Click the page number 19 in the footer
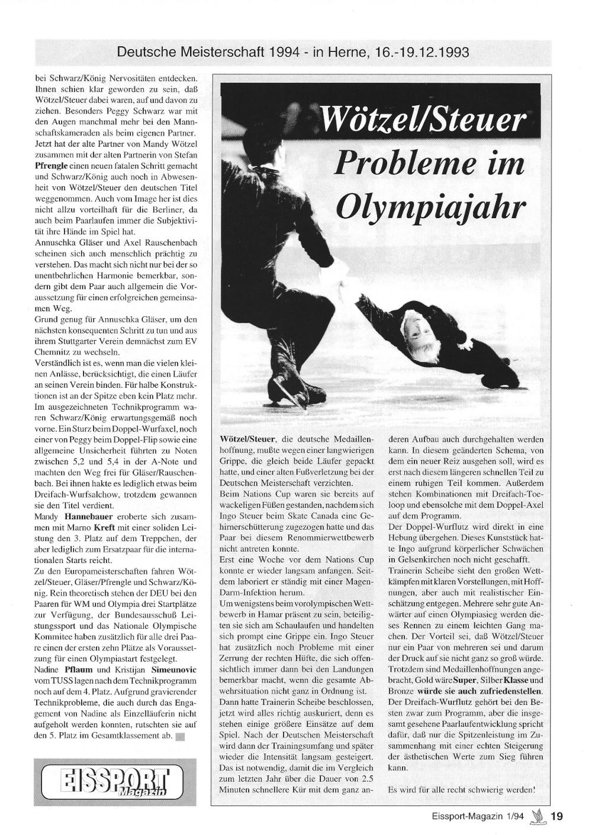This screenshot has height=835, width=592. tap(557, 817)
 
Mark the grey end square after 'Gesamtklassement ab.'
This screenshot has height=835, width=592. tap(181, 737)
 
